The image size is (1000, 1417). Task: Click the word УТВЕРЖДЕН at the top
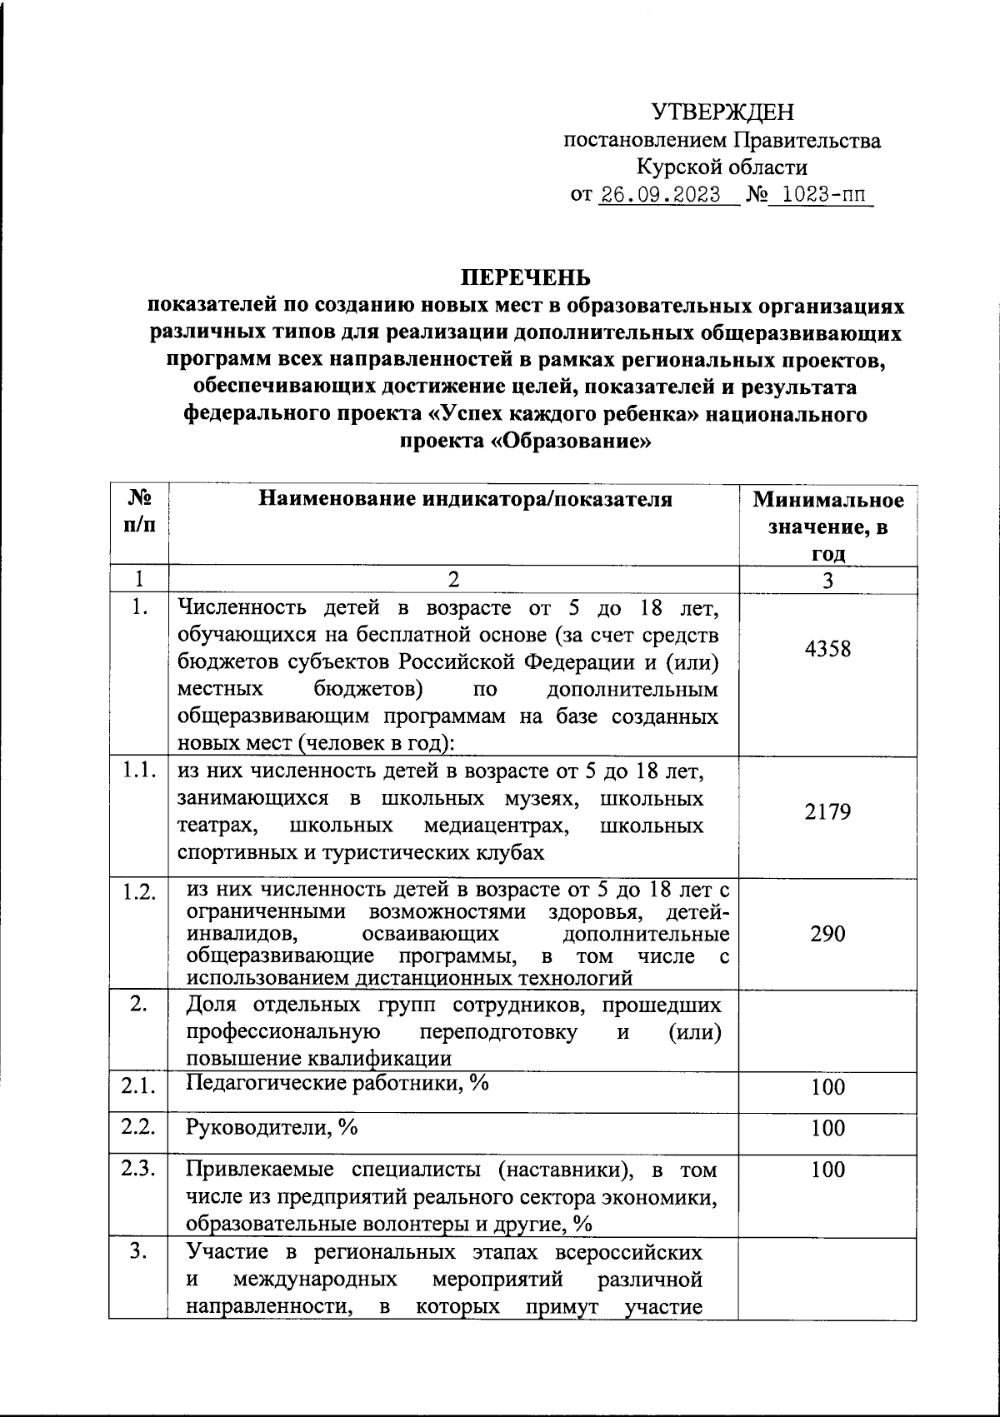click(x=722, y=112)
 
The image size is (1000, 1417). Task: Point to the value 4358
click(x=827, y=649)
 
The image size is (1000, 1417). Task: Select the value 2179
click(x=827, y=812)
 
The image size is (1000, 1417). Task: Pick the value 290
click(x=827, y=934)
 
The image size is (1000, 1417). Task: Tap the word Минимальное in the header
click(x=827, y=500)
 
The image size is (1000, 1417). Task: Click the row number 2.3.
click(x=138, y=1169)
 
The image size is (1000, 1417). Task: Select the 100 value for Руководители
click(x=827, y=1129)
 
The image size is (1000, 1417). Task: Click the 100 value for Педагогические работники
click(x=827, y=1087)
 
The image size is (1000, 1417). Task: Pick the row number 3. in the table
click(x=138, y=1251)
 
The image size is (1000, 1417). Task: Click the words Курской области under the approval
click(x=722, y=167)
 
